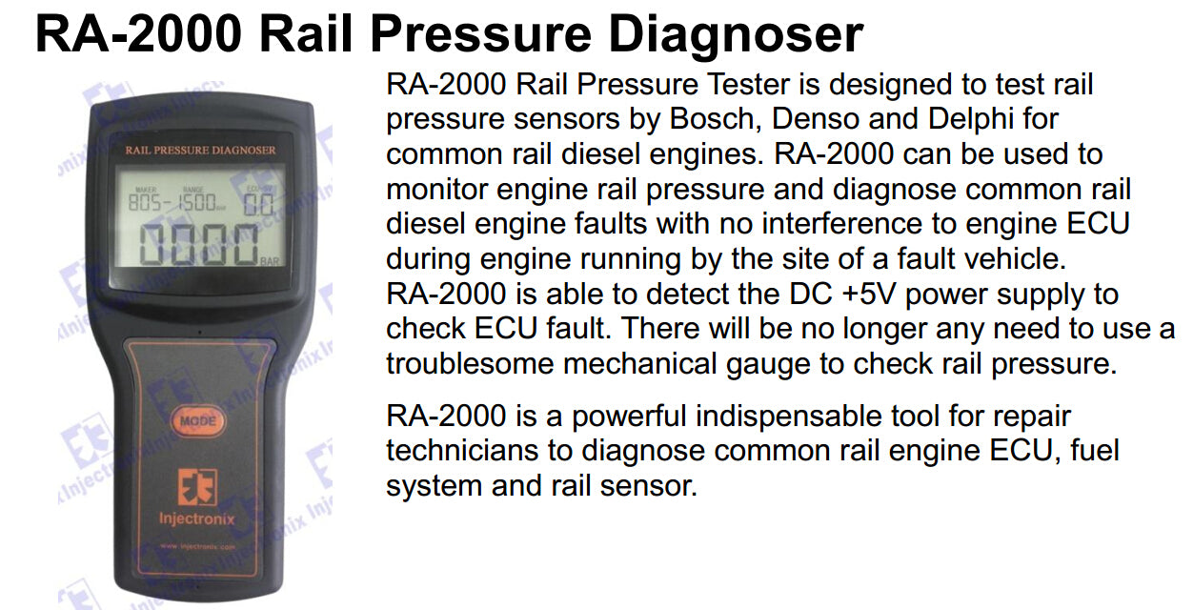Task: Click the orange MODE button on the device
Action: pyautogui.click(x=197, y=421)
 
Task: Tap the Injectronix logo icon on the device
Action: pyautogui.click(x=197, y=487)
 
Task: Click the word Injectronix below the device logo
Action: pyautogui.click(x=196, y=518)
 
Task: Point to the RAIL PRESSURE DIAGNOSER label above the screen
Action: pyautogui.click(x=201, y=151)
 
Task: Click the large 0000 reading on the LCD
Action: pyautogui.click(x=198, y=244)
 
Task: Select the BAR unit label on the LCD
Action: pyautogui.click(x=270, y=261)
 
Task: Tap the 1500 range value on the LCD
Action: pyautogui.click(x=196, y=202)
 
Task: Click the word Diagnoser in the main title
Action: pyautogui.click(x=736, y=34)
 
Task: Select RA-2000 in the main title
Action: pyautogui.click(x=138, y=34)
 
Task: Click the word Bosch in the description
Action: pyautogui.click(x=715, y=119)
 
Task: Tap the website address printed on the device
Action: pyautogui.click(x=197, y=546)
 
